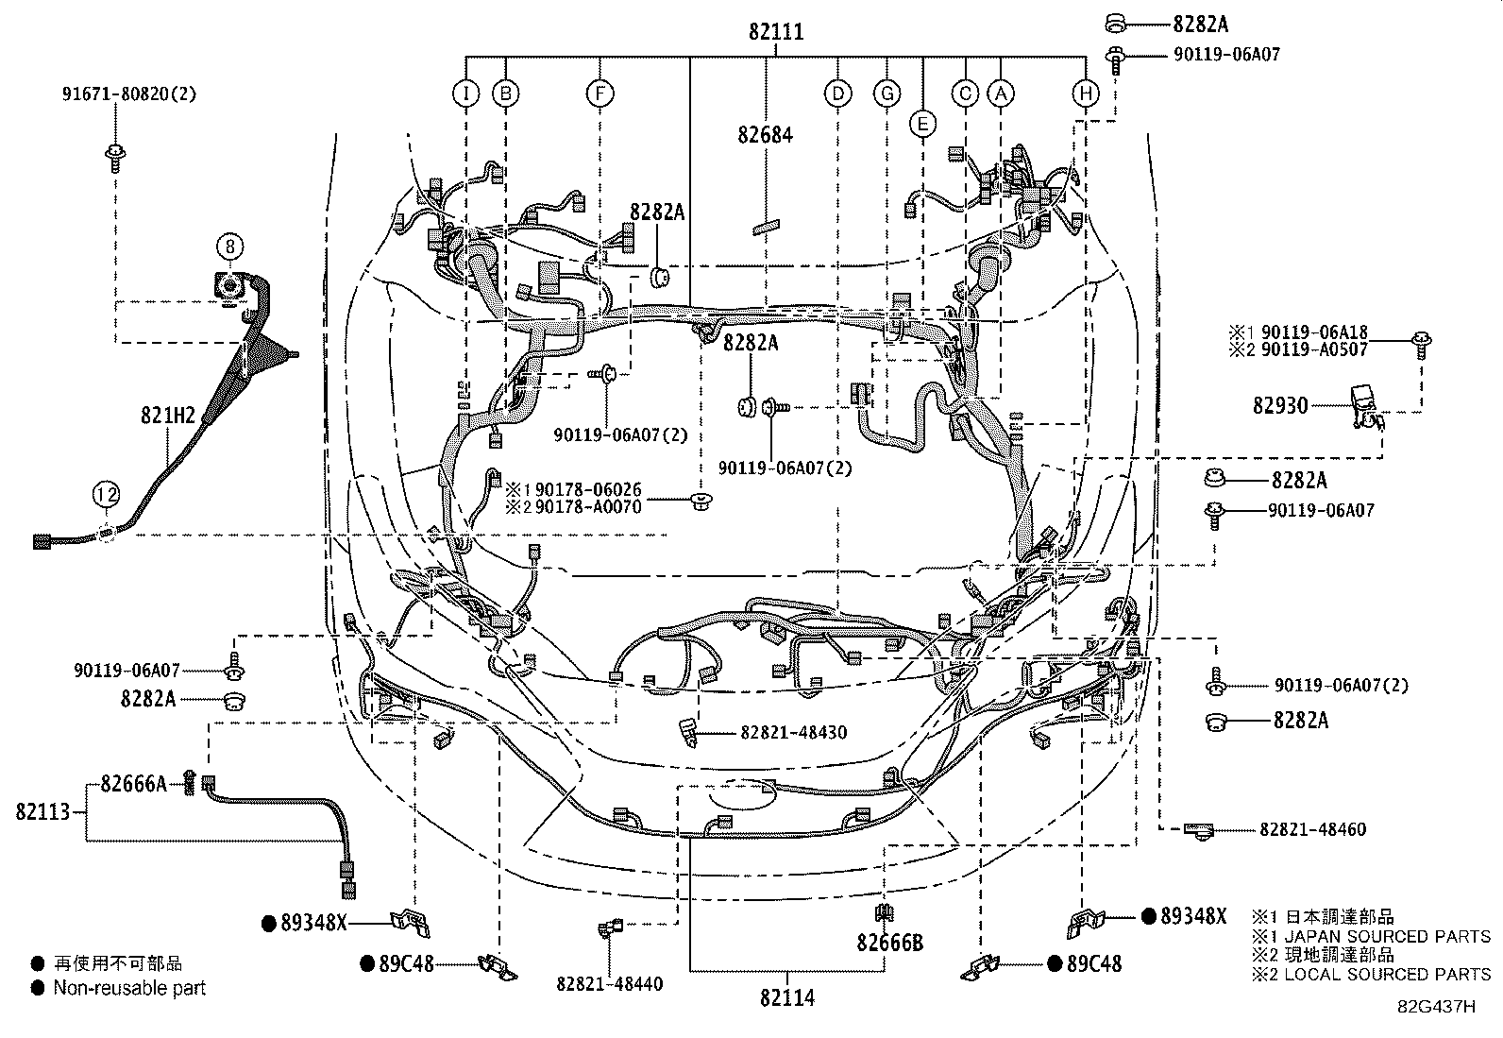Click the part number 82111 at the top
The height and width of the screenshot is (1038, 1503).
pyautogui.click(x=776, y=31)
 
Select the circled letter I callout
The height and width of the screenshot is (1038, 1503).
pyautogui.click(x=465, y=94)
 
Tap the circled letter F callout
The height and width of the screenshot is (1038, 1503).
pyautogui.click(x=600, y=94)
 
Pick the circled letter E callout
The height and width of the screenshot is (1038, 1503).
pyautogui.click(x=922, y=124)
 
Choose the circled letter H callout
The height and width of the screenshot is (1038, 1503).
pyautogui.click(x=1086, y=94)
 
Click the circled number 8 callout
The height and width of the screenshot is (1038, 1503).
pyautogui.click(x=230, y=247)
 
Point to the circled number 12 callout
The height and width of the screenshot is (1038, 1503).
pyautogui.click(x=106, y=495)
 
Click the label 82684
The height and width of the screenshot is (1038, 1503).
pyautogui.click(x=765, y=135)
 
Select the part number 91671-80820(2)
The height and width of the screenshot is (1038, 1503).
pyautogui.click(x=129, y=94)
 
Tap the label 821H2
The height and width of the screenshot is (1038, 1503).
pyautogui.click(x=168, y=416)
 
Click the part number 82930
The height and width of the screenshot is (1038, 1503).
pyautogui.click(x=1280, y=405)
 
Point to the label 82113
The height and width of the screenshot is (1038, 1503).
pyautogui.click(x=42, y=811)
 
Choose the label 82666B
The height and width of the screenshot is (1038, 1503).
pyautogui.click(x=889, y=943)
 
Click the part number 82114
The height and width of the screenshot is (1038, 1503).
pyautogui.click(x=787, y=998)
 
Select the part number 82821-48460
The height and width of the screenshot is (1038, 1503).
pyautogui.click(x=1312, y=830)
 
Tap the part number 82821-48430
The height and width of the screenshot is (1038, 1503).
pyautogui.click(x=794, y=732)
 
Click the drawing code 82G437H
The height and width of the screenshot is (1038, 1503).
pyautogui.click(x=1437, y=1007)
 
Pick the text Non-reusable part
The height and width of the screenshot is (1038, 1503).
pyautogui.click(x=129, y=988)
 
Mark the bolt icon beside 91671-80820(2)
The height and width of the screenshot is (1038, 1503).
pyautogui.click(x=115, y=158)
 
